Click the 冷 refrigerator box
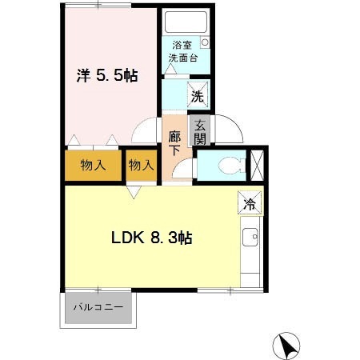coord(248,203)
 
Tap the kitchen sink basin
coord(250,238)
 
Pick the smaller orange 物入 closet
coord(141,166)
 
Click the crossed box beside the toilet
coord(258,163)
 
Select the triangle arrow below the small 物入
coord(134,191)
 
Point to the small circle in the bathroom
coord(204,41)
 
